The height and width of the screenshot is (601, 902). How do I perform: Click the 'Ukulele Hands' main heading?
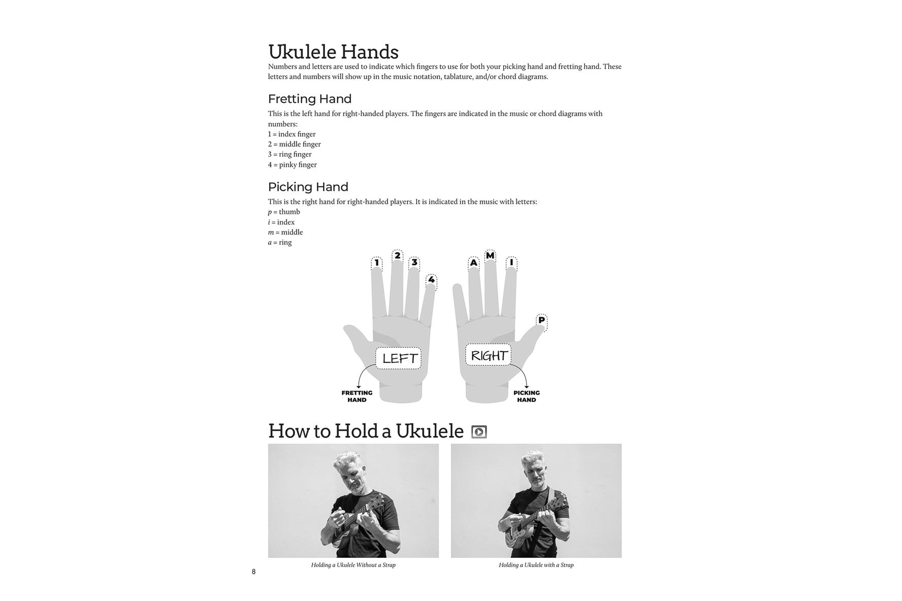tap(333, 52)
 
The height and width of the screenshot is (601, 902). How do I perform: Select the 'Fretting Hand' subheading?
tap(309, 99)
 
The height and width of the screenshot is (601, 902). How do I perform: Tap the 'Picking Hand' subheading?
tap(308, 187)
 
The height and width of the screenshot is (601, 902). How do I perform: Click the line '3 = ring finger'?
tap(290, 154)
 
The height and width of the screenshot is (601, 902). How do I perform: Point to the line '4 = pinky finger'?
tap(292, 164)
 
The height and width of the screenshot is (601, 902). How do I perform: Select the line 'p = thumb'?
tap(284, 212)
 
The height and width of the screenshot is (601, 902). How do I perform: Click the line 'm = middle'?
tap(285, 232)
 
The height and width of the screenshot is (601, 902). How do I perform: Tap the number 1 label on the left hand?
tap(377, 263)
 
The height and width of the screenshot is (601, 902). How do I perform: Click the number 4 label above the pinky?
tap(431, 280)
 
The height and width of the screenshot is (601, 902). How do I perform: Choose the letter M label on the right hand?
tap(490, 255)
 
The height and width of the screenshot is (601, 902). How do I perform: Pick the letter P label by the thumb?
tap(542, 320)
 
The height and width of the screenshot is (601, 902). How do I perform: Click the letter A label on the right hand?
tap(474, 263)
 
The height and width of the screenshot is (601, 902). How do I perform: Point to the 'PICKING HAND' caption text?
tap(526, 396)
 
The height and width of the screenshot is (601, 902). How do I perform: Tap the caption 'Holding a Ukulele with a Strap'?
tap(536, 565)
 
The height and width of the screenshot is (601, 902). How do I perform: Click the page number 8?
tap(253, 572)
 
